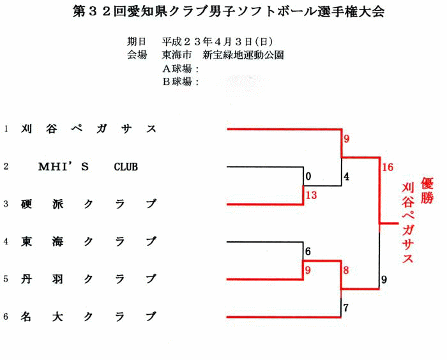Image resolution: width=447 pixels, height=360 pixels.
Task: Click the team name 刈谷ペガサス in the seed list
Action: [89, 129]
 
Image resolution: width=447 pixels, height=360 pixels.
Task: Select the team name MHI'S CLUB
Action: [88, 167]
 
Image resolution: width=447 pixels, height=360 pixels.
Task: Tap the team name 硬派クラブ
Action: [89, 204]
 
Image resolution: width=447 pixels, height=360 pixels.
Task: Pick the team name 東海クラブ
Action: [89, 242]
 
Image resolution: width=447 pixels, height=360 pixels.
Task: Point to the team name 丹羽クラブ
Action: [89, 279]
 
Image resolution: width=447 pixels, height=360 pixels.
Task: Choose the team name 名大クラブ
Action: [89, 317]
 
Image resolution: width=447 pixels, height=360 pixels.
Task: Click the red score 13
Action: [312, 195]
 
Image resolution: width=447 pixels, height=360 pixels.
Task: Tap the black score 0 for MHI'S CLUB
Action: [308, 177]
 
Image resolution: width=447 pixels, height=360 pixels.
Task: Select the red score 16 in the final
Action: [388, 167]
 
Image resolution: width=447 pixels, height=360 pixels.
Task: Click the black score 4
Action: [346, 177]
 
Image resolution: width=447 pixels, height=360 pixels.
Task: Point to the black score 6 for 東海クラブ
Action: [308, 251]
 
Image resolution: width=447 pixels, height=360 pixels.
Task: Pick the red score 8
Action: [346, 270]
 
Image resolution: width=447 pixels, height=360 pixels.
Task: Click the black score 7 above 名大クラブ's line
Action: [346, 308]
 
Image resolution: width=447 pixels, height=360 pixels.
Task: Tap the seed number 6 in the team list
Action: [6, 317]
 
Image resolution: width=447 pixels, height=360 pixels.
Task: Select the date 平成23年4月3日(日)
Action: [218, 42]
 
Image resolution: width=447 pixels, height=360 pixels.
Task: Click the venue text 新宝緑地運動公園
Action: [243, 55]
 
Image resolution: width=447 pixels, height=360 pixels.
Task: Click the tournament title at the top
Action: [229, 11]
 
